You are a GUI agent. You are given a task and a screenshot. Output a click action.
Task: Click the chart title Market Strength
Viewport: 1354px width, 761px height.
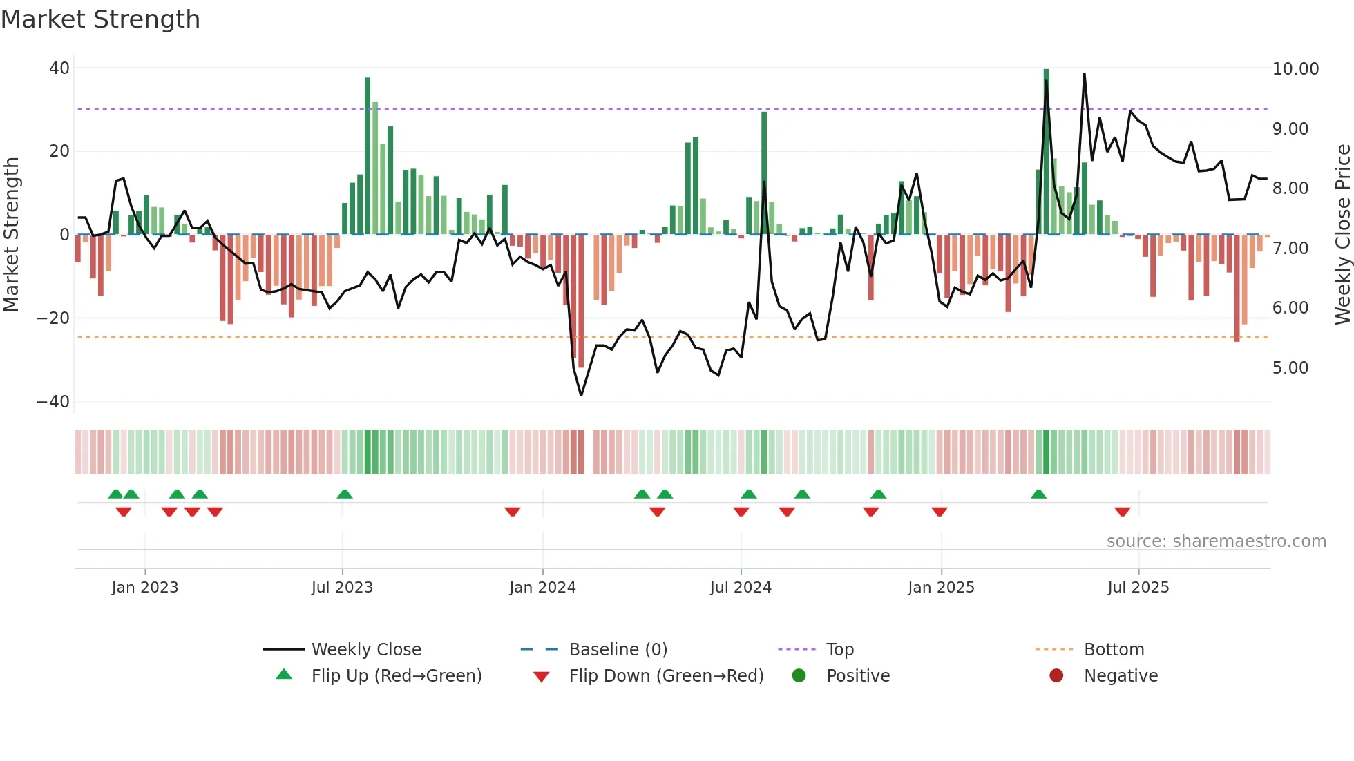pos(100,19)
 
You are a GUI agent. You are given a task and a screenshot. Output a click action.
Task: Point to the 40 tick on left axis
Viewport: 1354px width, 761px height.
pos(59,68)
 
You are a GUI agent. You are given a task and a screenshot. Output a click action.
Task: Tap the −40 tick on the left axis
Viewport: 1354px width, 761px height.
pos(53,402)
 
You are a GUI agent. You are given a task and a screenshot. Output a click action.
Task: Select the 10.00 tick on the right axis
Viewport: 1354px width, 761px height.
pos(1295,69)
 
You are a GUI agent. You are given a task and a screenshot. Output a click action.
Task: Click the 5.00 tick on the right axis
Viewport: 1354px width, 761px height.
pos(1290,368)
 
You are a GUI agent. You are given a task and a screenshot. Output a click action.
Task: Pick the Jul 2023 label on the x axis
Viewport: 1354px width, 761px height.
pos(342,588)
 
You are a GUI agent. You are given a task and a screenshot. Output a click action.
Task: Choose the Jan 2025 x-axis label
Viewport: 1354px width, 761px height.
pos(941,588)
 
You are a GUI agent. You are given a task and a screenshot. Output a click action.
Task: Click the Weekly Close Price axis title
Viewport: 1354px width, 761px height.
pos(1342,235)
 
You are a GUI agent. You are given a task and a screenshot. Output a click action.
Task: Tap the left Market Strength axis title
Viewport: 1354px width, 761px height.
pos(12,235)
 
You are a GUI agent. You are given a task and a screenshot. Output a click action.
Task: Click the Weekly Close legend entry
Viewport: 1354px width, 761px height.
pos(365,650)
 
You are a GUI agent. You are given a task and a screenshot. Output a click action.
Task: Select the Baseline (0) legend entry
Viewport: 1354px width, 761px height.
pos(618,650)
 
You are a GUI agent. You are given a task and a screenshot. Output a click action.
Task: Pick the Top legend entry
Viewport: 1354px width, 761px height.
pos(839,650)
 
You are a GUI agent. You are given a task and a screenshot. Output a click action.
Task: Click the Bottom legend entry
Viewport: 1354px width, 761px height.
pos(1114,650)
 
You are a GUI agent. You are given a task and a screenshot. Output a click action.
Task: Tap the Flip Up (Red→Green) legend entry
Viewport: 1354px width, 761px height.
pos(396,676)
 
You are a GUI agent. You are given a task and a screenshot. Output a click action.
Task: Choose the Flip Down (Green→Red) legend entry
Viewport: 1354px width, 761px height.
pos(666,676)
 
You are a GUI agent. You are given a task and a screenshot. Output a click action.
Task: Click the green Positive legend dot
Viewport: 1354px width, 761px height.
pos(799,676)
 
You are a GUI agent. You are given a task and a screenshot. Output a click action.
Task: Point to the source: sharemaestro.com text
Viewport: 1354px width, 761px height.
pos(1216,541)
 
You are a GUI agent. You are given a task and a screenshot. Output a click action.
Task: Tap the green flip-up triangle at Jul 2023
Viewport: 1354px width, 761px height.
pos(345,494)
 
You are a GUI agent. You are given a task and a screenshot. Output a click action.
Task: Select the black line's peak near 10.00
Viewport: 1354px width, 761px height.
pos(1084,75)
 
